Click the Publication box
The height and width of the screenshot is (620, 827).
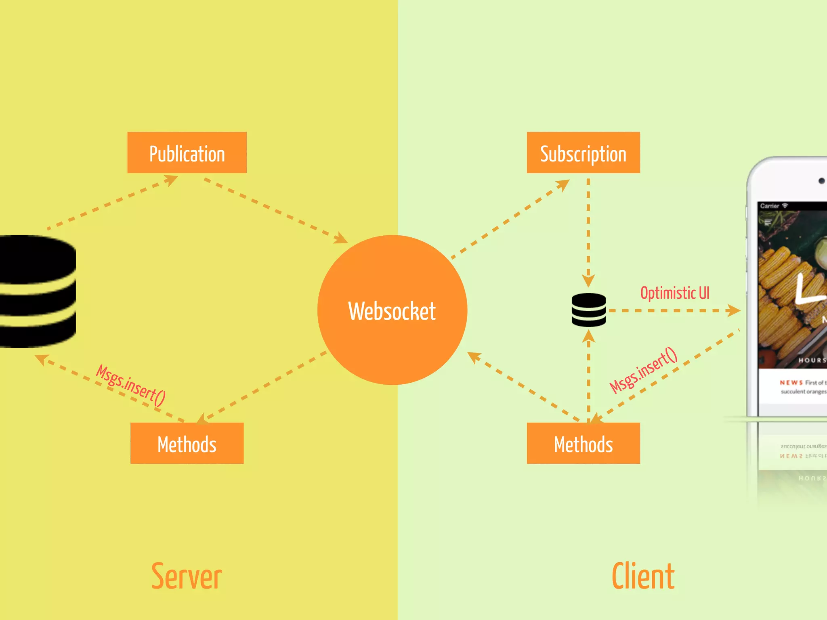(187, 153)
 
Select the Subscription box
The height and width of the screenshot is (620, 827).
(583, 153)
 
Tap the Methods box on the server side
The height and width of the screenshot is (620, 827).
(187, 443)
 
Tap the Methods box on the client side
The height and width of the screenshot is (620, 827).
(583, 443)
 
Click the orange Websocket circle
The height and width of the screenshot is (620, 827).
(392, 310)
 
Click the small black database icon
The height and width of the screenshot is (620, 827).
(588, 310)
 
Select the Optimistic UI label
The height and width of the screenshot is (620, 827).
(675, 293)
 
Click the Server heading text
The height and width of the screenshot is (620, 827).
(187, 576)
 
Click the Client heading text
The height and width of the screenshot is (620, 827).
(643, 576)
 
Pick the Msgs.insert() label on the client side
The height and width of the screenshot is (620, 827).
(643, 370)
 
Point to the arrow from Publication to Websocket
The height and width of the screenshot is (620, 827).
(275, 210)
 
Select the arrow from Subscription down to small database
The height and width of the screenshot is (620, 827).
(588, 230)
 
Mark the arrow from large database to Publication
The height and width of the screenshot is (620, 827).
(113, 202)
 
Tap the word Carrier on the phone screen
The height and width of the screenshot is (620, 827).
(769, 206)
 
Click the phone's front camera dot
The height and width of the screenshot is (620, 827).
(821, 181)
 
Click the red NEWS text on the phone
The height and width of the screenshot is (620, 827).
(791, 382)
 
